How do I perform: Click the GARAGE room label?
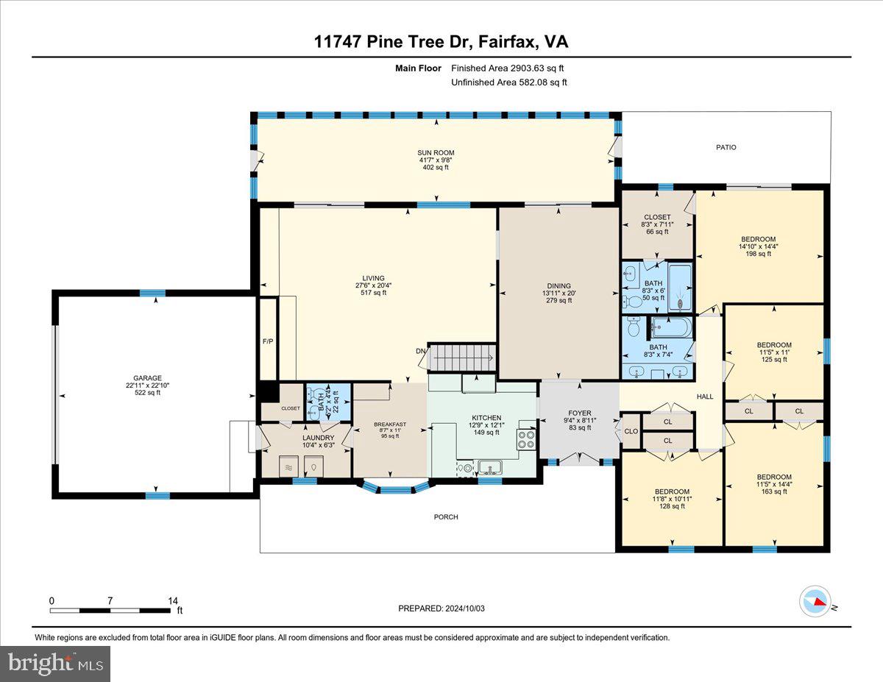click(x=148, y=378)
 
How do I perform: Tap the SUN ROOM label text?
click(x=431, y=153)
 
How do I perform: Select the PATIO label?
click(x=726, y=147)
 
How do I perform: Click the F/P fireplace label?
click(x=268, y=342)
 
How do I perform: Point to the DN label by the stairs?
click(x=420, y=351)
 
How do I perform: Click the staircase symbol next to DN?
click(x=461, y=358)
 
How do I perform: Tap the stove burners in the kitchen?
click(x=527, y=439)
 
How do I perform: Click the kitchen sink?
click(x=489, y=466)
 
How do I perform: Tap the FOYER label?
click(x=580, y=413)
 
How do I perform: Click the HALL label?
click(x=705, y=397)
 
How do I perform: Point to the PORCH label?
click(x=446, y=517)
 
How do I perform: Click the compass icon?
click(x=815, y=601)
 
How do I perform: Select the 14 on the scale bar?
click(x=173, y=601)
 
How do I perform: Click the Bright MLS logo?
click(x=55, y=664)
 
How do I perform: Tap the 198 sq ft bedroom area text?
click(x=758, y=254)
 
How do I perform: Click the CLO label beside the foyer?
click(x=631, y=431)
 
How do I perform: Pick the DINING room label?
click(x=558, y=286)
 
